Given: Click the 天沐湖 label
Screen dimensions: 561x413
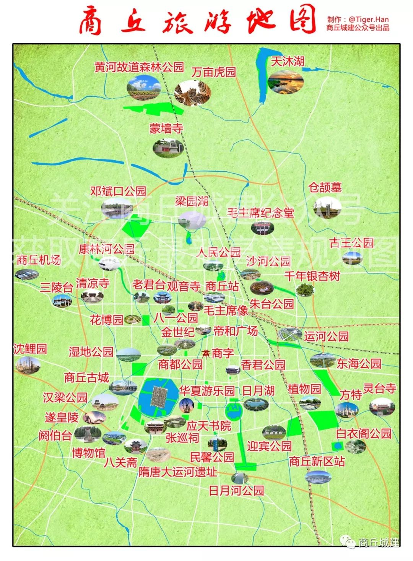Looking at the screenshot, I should pyautogui.click(x=287, y=62).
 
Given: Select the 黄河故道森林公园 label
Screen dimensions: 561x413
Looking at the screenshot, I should pyautogui.click(x=139, y=68).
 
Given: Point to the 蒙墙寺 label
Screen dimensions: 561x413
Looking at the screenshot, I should pyautogui.click(x=166, y=128).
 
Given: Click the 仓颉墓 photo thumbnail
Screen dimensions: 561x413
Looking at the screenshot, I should pyautogui.click(x=327, y=207).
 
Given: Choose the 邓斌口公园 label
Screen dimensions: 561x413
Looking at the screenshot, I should pyautogui.click(x=118, y=191).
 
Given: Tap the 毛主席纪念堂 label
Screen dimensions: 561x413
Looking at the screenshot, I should pyautogui.click(x=260, y=213).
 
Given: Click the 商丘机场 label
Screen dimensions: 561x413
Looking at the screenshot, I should pyautogui.click(x=39, y=260).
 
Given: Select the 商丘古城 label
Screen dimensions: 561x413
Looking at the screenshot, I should pyautogui.click(x=87, y=377).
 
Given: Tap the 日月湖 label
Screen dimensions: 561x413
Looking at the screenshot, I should pyautogui.click(x=259, y=390).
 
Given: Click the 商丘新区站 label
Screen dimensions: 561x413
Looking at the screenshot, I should pyautogui.click(x=317, y=461).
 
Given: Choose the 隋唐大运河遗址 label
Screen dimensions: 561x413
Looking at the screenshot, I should pyautogui.click(x=178, y=472).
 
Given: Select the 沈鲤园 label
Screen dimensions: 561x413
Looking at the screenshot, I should pyautogui.click(x=30, y=348).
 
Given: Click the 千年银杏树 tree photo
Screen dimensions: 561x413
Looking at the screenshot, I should pyautogui.click(x=304, y=290).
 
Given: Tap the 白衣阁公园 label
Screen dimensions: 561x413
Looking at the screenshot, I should pyautogui.click(x=364, y=433).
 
